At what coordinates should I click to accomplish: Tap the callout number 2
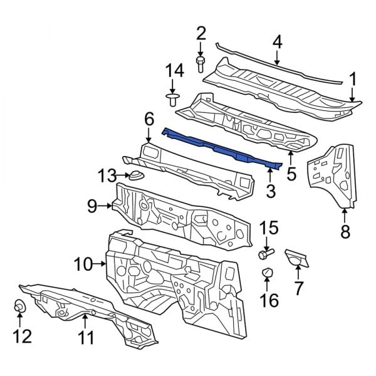click(201, 33)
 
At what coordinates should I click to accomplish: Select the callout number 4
click(276, 42)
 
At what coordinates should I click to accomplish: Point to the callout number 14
click(174, 71)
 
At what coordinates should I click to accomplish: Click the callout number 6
click(149, 118)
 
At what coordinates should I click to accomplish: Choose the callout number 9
click(91, 204)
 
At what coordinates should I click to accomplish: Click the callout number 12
click(22, 337)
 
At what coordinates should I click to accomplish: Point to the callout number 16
click(268, 301)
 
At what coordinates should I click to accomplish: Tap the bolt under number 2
click(201, 62)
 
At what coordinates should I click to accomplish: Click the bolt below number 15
click(266, 254)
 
